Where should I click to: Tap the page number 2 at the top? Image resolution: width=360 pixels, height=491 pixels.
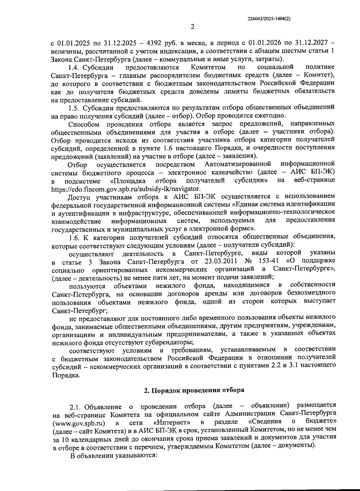tap(193, 27)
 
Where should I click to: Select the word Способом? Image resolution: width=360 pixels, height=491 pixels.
tap(84, 124)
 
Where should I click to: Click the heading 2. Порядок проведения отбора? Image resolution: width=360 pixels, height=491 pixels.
tap(194, 390)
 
